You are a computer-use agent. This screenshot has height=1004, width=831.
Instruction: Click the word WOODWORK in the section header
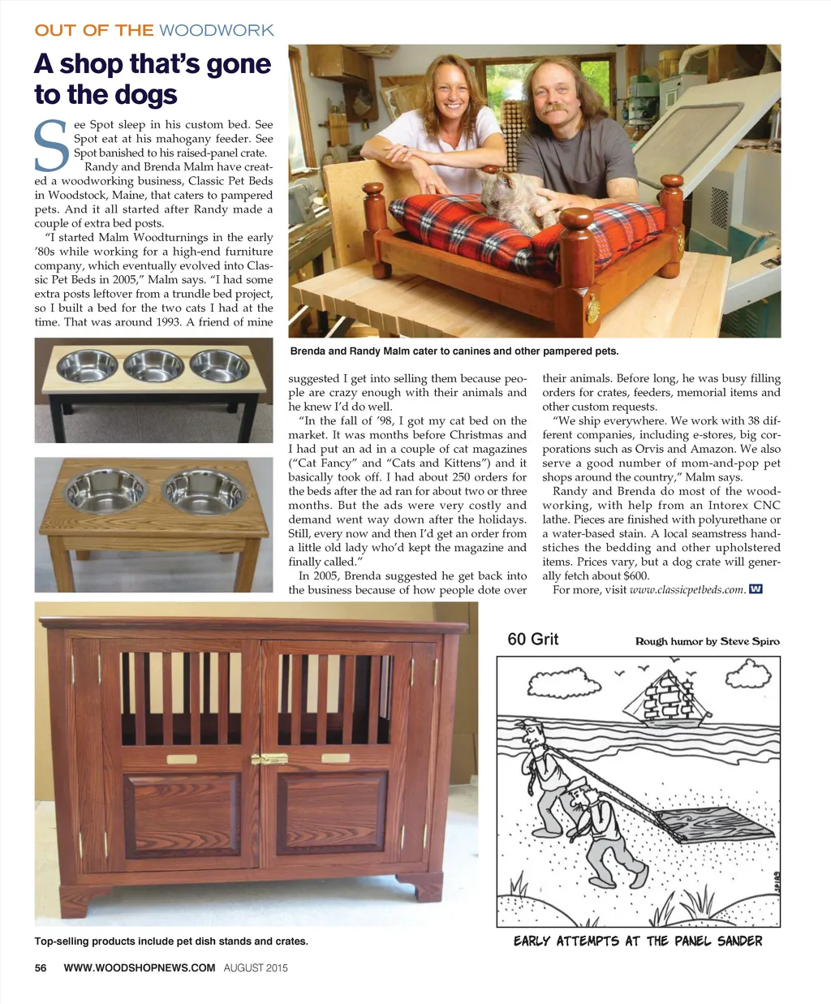pyautogui.click(x=216, y=31)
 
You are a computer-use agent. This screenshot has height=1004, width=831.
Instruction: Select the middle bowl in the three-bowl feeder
pyautogui.click(x=153, y=365)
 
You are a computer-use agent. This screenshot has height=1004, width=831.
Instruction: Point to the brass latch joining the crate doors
pyautogui.click(x=269, y=760)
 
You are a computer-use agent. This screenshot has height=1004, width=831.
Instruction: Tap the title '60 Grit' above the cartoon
pyautogui.click(x=532, y=640)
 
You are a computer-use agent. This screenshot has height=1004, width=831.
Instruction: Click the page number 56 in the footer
pyautogui.click(x=41, y=967)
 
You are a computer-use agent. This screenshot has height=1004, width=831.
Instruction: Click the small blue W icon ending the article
pyautogui.click(x=756, y=589)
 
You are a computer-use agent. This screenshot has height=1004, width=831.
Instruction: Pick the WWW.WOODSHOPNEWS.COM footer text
pyautogui.click(x=139, y=967)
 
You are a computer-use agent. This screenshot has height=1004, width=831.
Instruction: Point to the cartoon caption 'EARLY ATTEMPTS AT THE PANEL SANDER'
pyautogui.click(x=638, y=942)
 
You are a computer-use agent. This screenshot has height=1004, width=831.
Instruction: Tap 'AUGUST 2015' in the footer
pyautogui.click(x=256, y=967)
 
